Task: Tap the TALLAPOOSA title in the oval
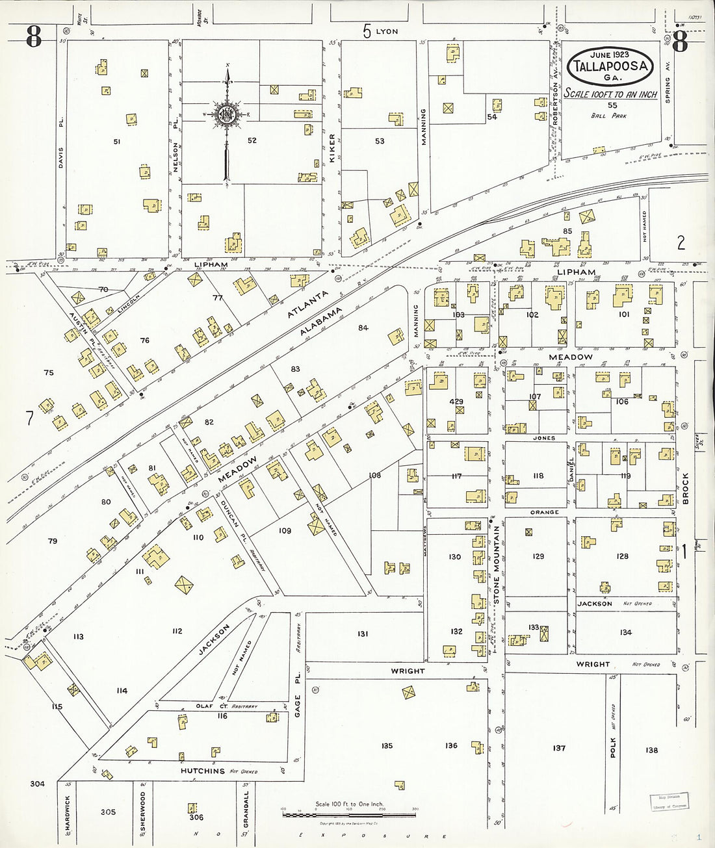(x=609, y=66)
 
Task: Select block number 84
(x=363, y=328)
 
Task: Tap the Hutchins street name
(x=202, y=771)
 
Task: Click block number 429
(x=456, y=402)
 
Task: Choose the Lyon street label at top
(x=386, y=31)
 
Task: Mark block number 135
(x=387, y=746)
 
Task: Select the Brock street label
(x=685, y=488)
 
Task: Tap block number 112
(x=177, y=631)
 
